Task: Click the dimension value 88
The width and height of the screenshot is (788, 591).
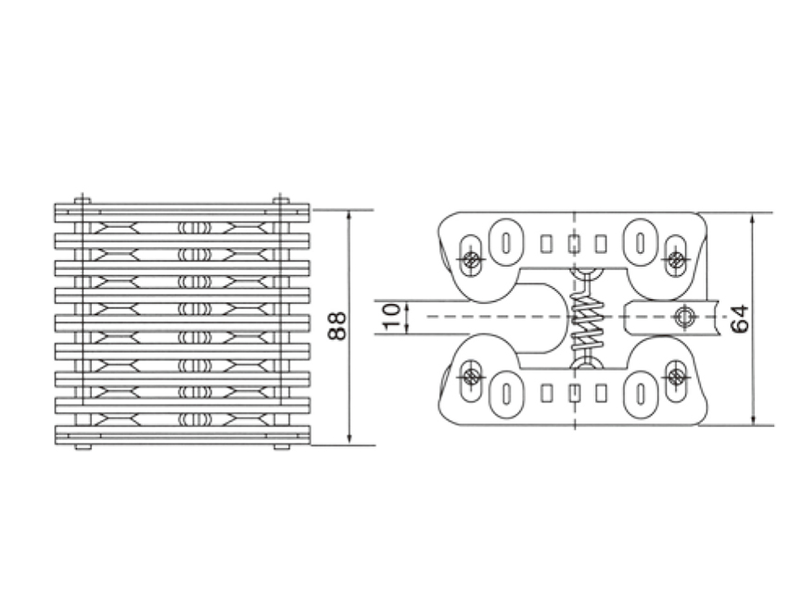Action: coord(337,326)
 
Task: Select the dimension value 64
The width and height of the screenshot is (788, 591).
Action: coord(740,319)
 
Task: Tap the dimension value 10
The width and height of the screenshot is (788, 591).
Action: coord(391,316)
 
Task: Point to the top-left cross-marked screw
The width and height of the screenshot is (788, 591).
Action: coord(471,259)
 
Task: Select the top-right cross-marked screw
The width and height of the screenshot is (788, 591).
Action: coord(677,259)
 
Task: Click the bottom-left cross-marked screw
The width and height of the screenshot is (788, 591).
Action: coord(471,376)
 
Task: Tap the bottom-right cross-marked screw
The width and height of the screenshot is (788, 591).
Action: coord(677,376)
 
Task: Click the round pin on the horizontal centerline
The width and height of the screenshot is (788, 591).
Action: coord(684,316)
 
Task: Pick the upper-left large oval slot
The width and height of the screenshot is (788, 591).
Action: coord(506,243)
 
